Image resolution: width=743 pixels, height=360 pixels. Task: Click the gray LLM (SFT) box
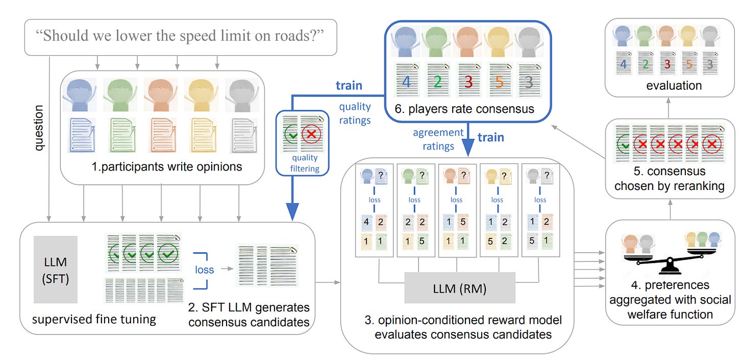click(x=56, y=269)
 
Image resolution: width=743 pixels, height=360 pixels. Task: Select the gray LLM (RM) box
click(x=460, y=289)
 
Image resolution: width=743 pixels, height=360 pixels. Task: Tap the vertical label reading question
click(x=39, y=128)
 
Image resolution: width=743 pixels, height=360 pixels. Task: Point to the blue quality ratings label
click(x=355, y=113)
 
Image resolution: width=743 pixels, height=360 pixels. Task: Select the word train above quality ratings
click(x=349, y=85)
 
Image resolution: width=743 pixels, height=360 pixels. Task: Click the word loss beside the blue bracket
click(x=206, y=269)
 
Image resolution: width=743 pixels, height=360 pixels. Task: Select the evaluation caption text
click(x=674, y=85)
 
